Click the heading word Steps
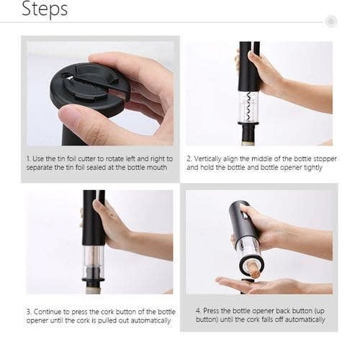(45, 9)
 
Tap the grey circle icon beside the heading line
(331, 22)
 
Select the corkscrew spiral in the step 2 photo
(250, 107)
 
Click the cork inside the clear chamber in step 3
(93, 260)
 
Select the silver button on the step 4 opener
(244, 215)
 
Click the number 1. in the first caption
(28, 159)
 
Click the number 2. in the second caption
(189, 159)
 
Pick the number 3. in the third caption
(29, 312)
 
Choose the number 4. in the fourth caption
(198, 311)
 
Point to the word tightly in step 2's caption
(313, 168)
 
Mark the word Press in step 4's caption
(210, 311)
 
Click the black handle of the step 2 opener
(249, 66)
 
